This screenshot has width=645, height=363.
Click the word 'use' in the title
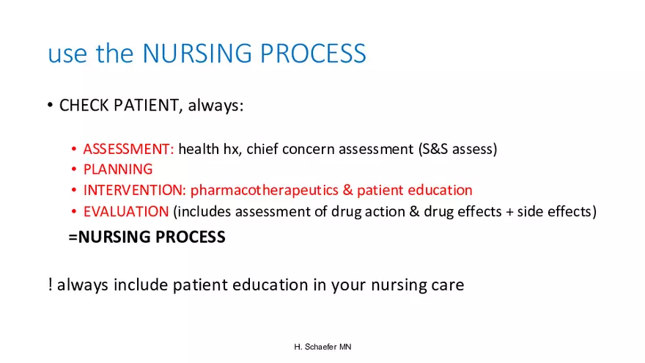pos(68,55)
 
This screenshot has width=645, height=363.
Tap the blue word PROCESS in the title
pos(313,53)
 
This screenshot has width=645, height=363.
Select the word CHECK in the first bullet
pos(84,106)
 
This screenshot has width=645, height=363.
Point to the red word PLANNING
pos(118,169)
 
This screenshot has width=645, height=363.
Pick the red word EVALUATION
pos(126,211)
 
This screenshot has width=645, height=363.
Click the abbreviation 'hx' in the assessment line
pos(231,149)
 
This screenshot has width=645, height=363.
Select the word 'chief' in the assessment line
pos(262,149)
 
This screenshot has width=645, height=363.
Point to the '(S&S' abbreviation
pos(433,149)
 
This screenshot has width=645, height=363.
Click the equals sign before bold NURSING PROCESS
pos(73,237)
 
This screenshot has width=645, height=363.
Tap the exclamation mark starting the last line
pos(50,285)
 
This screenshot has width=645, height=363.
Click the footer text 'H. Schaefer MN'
pos(323,347)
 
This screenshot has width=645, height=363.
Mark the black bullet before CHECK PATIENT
pos(50,105)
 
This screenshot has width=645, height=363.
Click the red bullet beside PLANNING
pos(74,169)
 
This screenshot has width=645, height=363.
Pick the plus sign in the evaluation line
pos(510,212)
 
